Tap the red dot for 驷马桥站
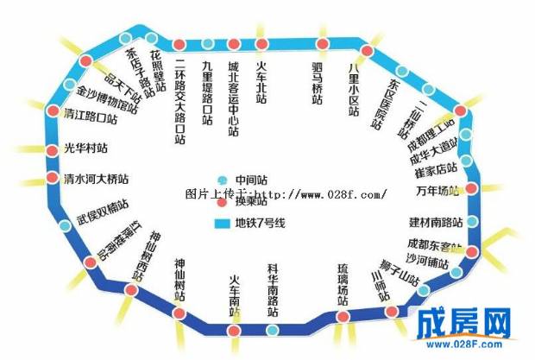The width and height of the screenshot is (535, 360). click(x=322, y=44)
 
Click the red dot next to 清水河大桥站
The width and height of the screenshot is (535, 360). click(x=52, y=180)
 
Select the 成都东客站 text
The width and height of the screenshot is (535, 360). click(x=437, y=244)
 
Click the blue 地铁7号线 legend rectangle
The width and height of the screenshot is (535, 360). click(x=221, y=224)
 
